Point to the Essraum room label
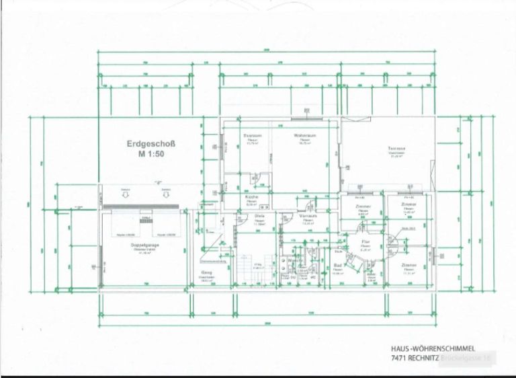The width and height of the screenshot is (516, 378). click(253, 135)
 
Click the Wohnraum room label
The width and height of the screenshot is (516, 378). click(304, 135)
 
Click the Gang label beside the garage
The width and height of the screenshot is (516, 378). click(206, 272)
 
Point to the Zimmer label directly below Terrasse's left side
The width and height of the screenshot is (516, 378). click(363, 206)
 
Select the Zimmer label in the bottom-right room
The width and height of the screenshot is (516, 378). click(410, 265)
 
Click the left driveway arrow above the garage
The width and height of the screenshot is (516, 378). click(126, 192)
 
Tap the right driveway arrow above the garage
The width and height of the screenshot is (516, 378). click(165, 192)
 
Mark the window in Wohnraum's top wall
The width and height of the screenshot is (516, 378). click(304, 119)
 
